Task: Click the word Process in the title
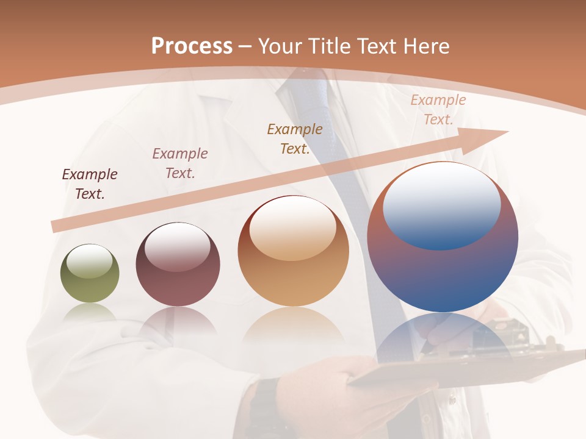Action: click(192, 46)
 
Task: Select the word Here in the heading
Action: click(426, 46)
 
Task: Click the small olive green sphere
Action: click(90, 274)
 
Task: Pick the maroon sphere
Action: click(178, 265)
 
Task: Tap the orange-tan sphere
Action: click(293, 251)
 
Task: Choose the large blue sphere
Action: click(443, 238)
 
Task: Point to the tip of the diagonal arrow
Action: click(507, 132)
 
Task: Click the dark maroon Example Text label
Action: click(90, 184)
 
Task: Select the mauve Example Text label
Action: click(180, 163)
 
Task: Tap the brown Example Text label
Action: click(295, 139)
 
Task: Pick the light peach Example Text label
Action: click(438, 110)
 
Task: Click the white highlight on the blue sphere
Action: click(441, 204)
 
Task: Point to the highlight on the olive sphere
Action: click(90, 262)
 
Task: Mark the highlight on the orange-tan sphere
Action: click(293, 229)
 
